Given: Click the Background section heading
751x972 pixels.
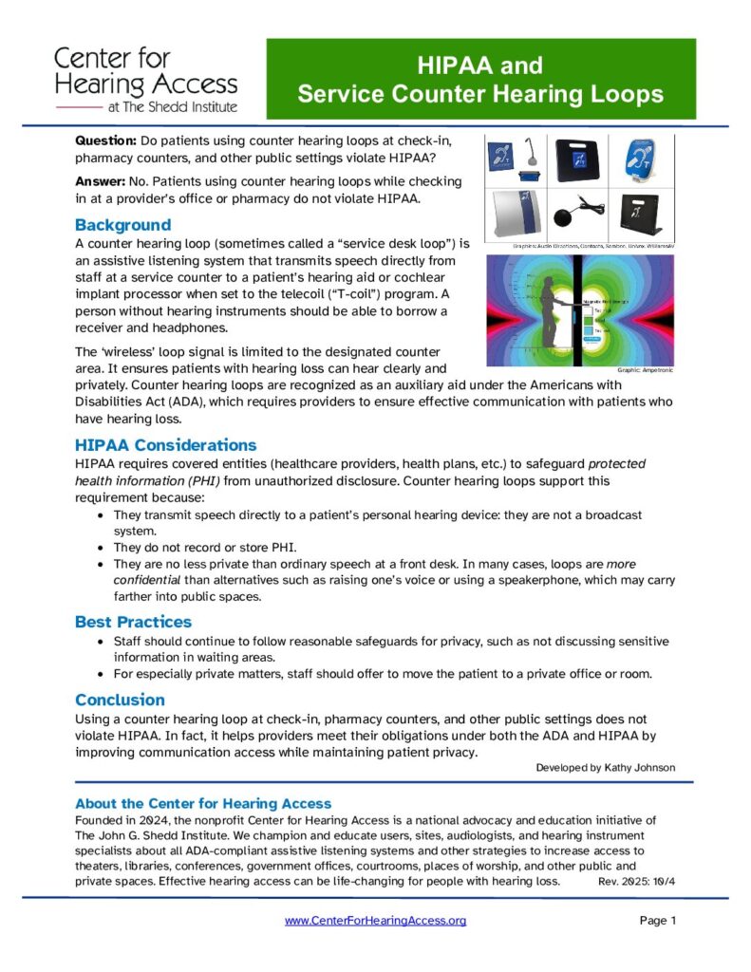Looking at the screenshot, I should [x=122, y=225].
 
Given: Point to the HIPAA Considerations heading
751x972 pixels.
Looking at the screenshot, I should [x=165, y=445].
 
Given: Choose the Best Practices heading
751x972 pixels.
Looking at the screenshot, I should [x=133, y=622].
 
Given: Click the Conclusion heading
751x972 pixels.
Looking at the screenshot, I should [x=120, y=700].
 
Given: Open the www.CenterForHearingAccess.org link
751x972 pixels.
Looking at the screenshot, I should [x=375, y=921].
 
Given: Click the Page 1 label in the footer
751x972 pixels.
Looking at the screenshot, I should [x=657, y=921].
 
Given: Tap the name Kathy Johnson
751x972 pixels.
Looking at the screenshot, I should [x=642, y=767].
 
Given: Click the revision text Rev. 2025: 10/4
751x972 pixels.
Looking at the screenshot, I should [x=636, y=881].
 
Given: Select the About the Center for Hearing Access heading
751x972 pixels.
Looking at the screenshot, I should [x=203, y=803].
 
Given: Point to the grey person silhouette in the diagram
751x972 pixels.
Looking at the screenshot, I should [x=553, y=308].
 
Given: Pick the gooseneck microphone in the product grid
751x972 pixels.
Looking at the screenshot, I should [x=537, y=156].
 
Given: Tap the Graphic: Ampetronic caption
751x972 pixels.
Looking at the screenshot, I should [x=646, y=370].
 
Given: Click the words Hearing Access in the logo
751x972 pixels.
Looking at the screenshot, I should [x=146, y=84].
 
